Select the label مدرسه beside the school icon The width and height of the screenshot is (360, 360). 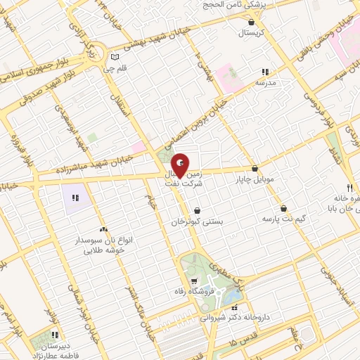tap(264, 82)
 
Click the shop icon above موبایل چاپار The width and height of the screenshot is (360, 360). tap(255, 169)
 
